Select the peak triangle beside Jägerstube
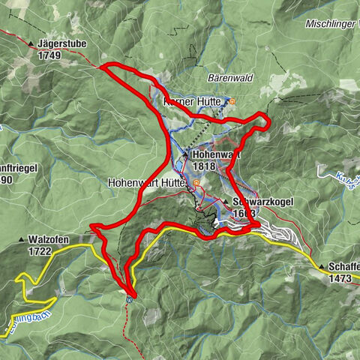coord(31,44)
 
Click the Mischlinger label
coord(330,24)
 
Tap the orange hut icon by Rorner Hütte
coord(232,101)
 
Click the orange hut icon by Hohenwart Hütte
coord(196,182)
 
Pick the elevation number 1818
coord(203,166)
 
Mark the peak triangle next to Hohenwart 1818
coord(184,154)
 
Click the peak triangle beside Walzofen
coord(21,241)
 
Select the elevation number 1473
coord(342,278)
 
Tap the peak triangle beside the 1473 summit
coord(321,267)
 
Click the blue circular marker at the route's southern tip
coord(129,298)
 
